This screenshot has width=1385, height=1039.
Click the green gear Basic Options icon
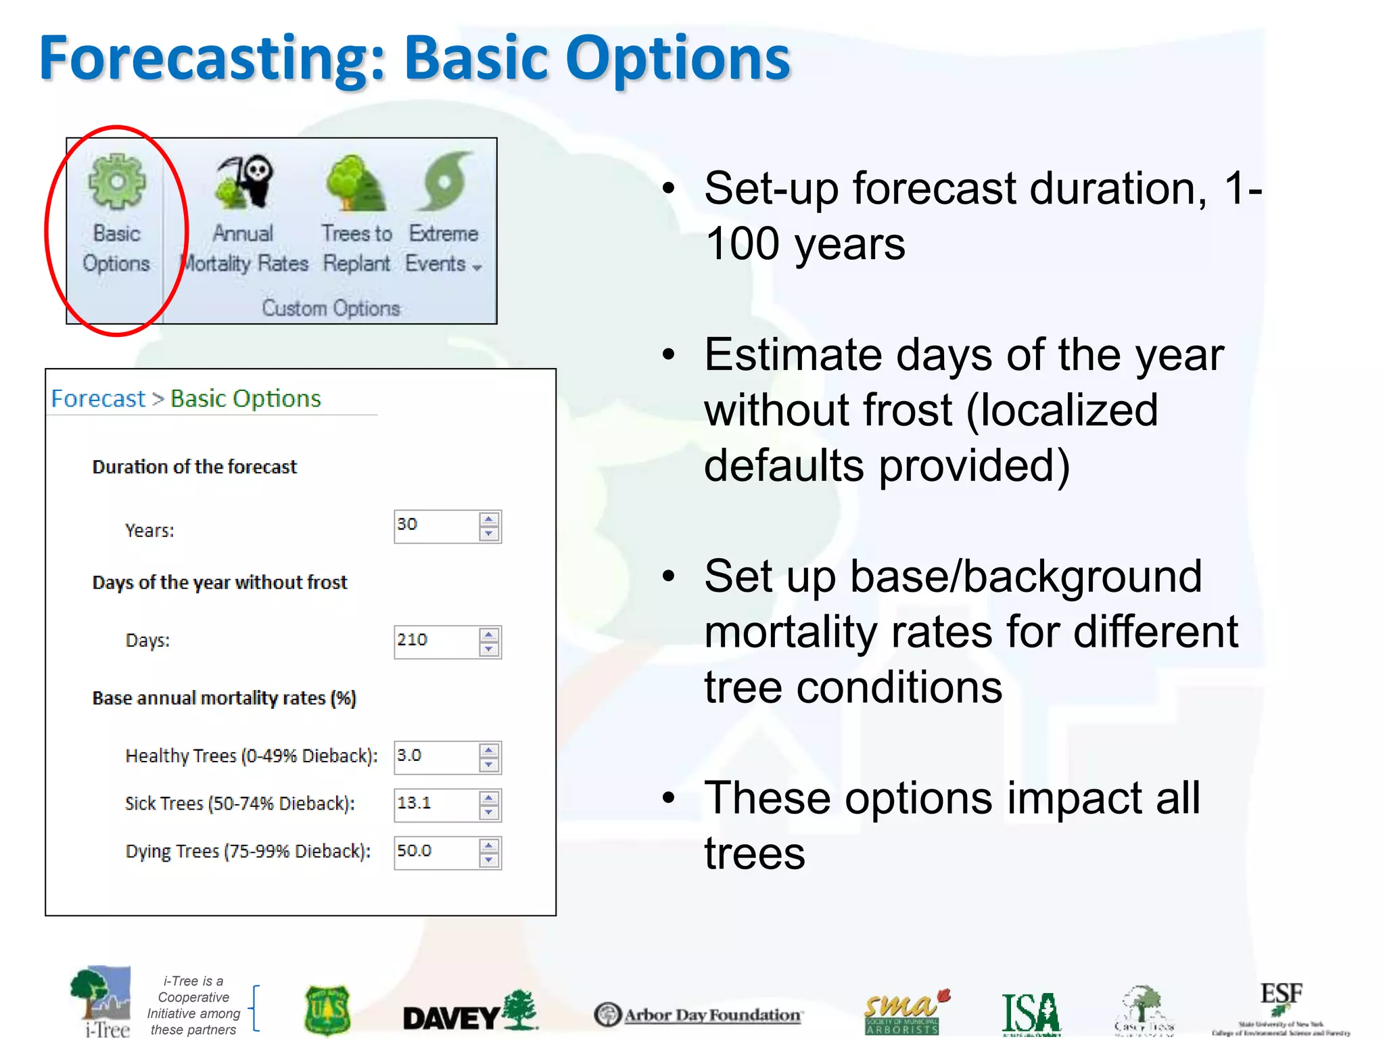[x=116, y=181]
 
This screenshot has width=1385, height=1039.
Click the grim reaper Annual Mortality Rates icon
[x=244, y=181]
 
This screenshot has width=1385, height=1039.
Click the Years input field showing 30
[x=436, y=526]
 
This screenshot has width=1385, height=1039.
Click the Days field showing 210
[x=436, y=641]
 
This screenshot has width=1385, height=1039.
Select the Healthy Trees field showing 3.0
[x=436, y=757]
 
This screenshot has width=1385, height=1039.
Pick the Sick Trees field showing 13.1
[x=436, y=804]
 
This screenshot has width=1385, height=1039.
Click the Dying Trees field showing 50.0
[x=436, y=852]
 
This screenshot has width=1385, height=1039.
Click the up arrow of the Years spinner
[x=489, y=519]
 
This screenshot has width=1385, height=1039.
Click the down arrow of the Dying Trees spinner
[x=489, y=860]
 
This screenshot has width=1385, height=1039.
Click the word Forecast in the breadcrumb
[x=98, y=399]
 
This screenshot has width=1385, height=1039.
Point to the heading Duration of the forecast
[x=194, y=467]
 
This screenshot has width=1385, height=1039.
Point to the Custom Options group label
[x=331, y=308]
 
